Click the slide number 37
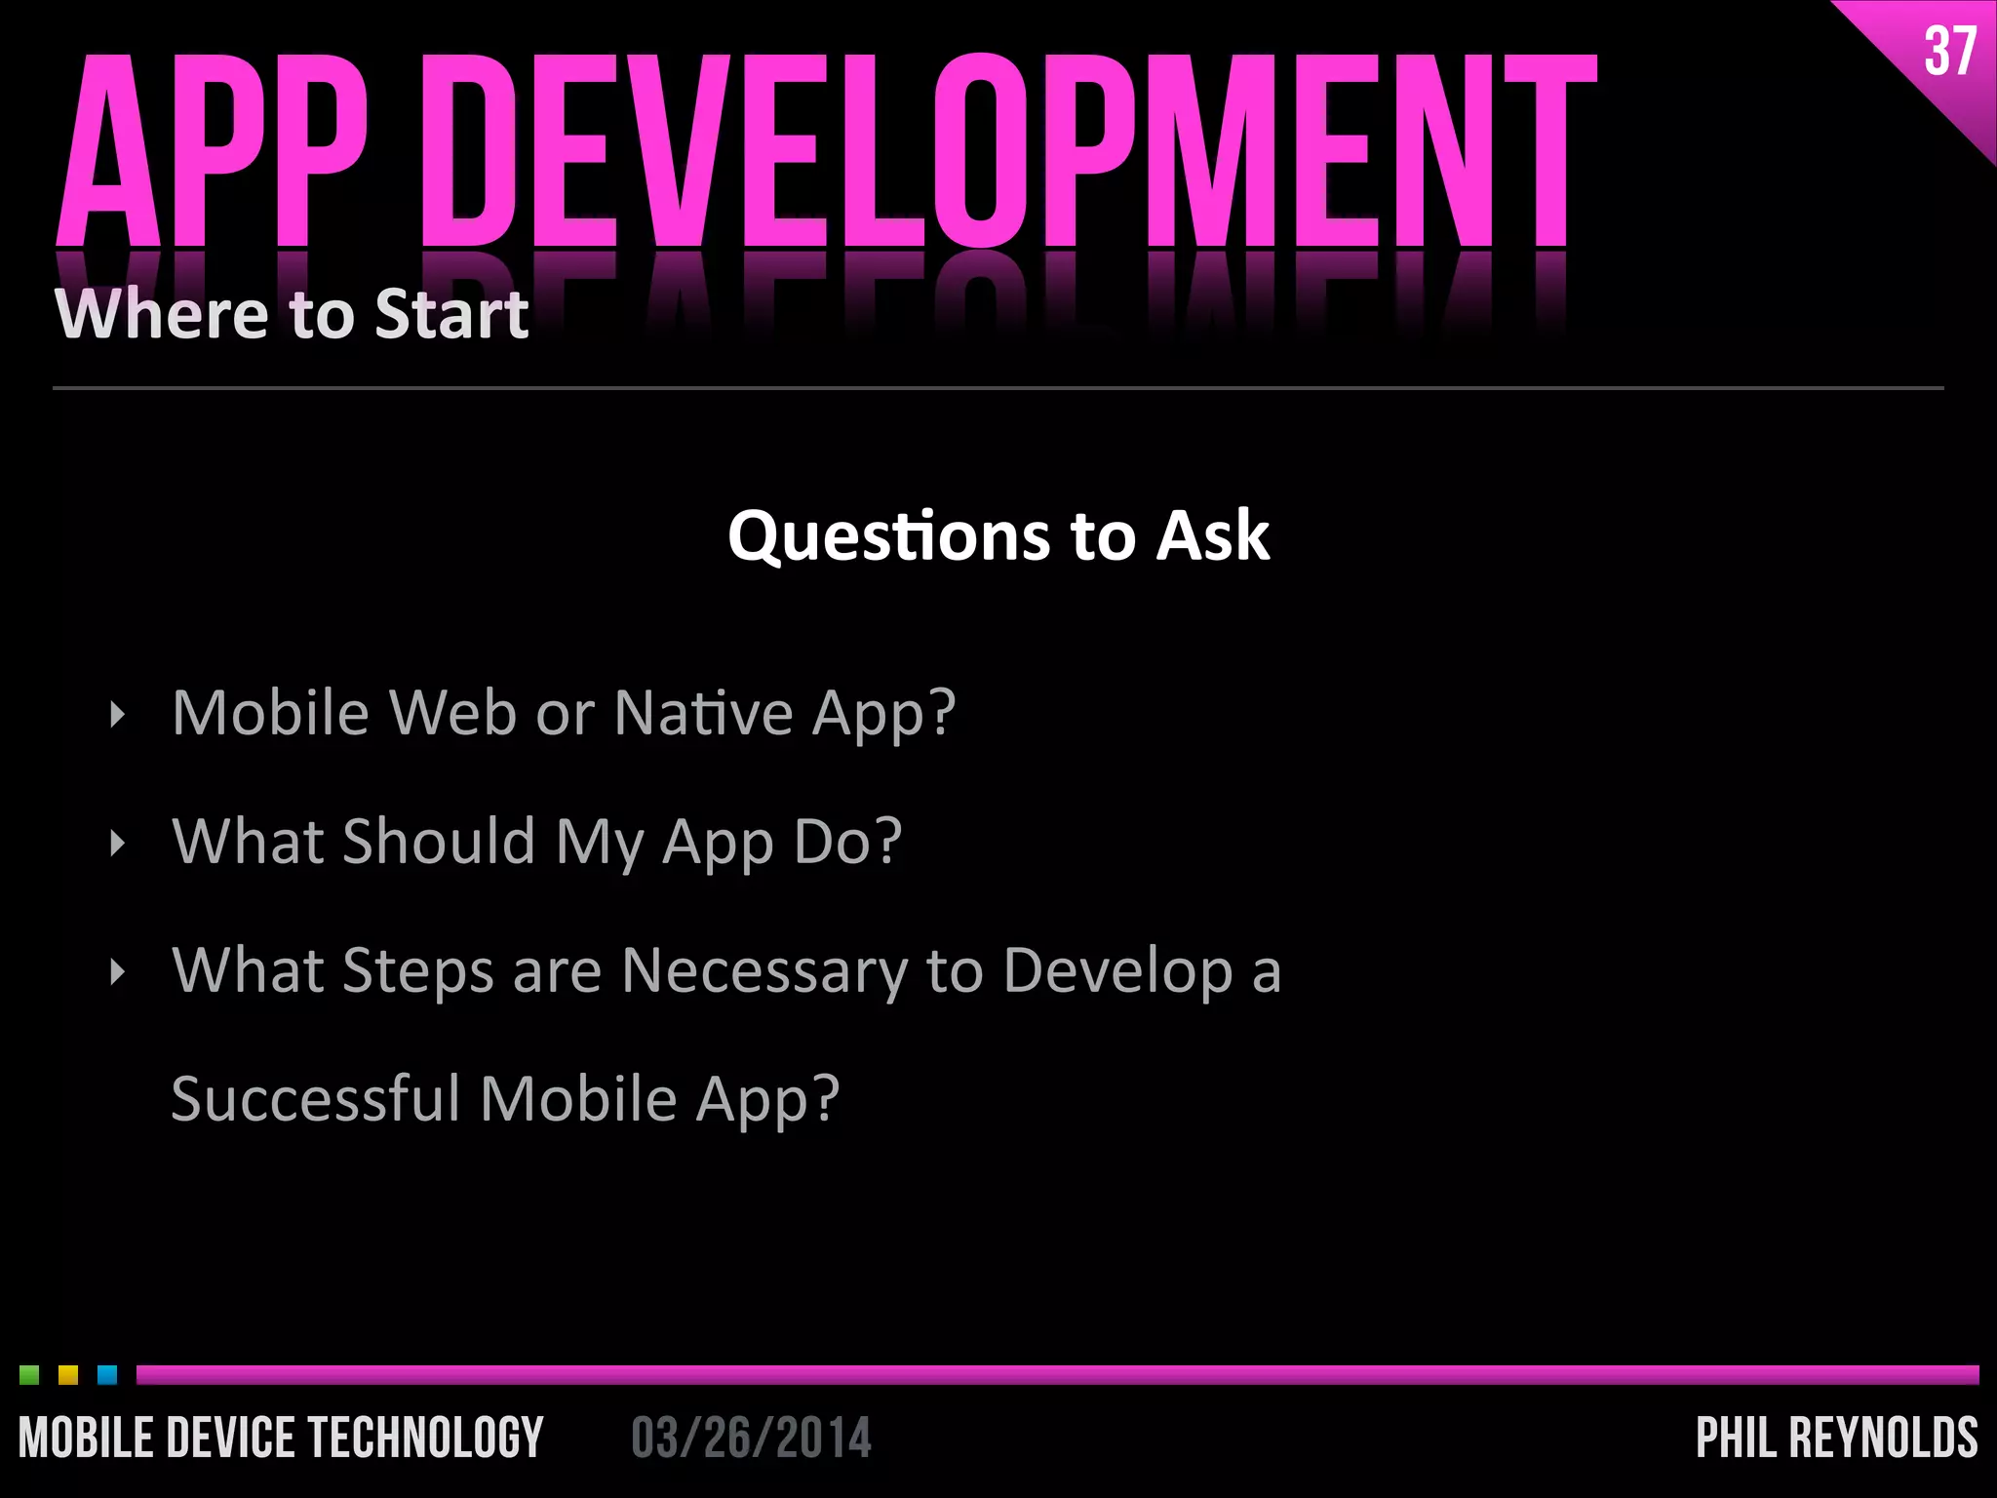click(1949, 52)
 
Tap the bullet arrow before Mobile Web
click(118, 715)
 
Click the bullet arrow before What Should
click(118, 844)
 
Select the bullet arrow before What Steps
click(118, 972)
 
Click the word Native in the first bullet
click(703, 713)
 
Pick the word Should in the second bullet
click(438, 842)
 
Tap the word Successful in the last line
click(315, 1099)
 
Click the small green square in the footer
click(29, 1375)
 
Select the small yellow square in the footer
click(68, 1375)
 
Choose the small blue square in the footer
click(107, 1375)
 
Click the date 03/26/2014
click(751, 1439)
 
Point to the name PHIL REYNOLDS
click(1836, 1439)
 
